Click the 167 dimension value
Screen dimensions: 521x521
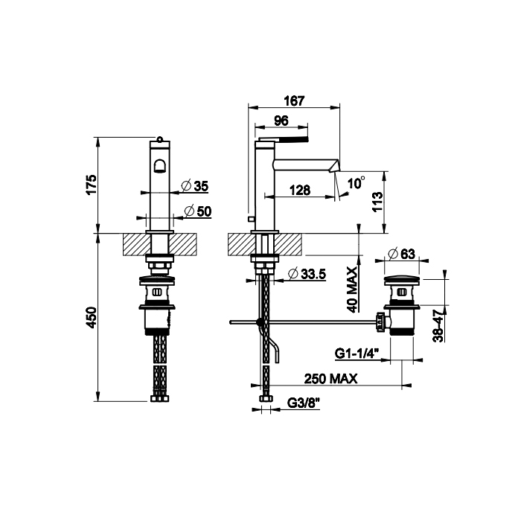(x=295, y=101)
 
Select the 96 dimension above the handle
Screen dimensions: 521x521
(x=281, y=121)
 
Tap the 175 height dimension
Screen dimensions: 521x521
(x=91, y=185)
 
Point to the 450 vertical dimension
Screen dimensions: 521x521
(x=91, y=318)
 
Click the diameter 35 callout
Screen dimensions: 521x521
(x=195, y=186)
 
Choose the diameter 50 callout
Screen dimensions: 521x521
(x=198, y=211)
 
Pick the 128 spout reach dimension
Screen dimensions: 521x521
(x=300, y=191)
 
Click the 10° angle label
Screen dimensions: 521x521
(x=356, y=182)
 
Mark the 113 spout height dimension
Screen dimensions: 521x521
(x=377, y=202)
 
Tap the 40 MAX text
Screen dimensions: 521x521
(x=352, y=290)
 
